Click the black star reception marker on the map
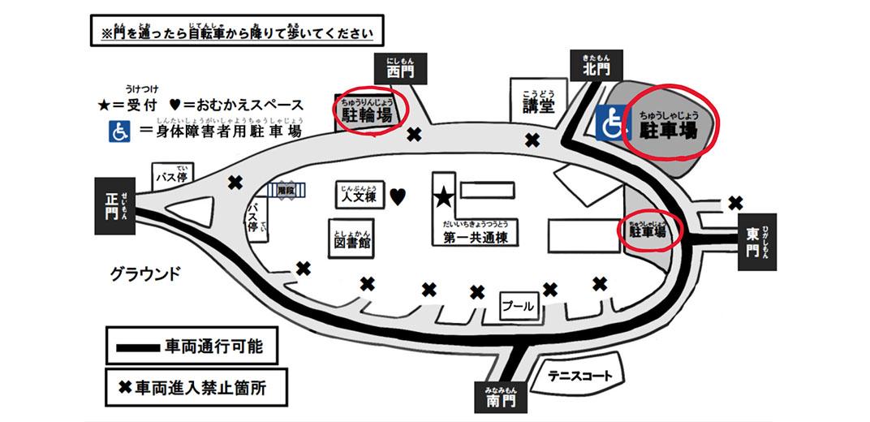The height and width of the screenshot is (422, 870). click(443, 197)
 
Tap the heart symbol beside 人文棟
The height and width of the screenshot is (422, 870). click(398, 196)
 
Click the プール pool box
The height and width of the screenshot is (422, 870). click(518, 306)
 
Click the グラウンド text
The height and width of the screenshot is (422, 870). click(145, 273)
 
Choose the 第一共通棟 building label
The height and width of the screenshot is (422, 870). click(476, 238)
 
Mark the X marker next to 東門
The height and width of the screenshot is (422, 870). click(735, 202)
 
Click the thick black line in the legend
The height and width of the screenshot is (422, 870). click(137, 347)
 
